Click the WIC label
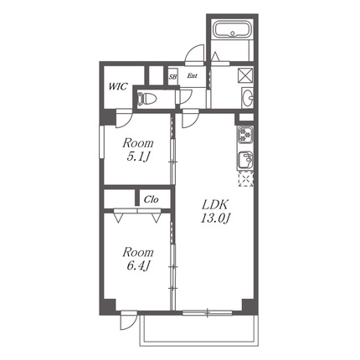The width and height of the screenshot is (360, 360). (118, 86)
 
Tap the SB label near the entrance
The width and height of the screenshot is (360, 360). (172, 77)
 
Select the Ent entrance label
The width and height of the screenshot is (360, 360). (192, 75)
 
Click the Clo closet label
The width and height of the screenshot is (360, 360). (152, 199)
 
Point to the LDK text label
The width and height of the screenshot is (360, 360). (215, 205)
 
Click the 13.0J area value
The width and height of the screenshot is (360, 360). (215, 219)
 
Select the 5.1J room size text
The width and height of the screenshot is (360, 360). (138, 157)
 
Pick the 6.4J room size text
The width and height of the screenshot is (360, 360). (138, 266)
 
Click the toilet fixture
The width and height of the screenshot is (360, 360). (147, 99)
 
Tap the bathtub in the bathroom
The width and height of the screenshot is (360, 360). (233, 29)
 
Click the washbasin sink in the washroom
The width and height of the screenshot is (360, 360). (248, 97)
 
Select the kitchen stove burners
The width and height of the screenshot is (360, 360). (245, 134)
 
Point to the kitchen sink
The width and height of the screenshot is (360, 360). (245, 161)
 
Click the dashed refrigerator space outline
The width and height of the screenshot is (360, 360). (245, 179)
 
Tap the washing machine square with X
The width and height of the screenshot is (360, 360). (245, 75)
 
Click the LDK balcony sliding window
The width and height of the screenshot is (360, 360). (208, 312)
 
